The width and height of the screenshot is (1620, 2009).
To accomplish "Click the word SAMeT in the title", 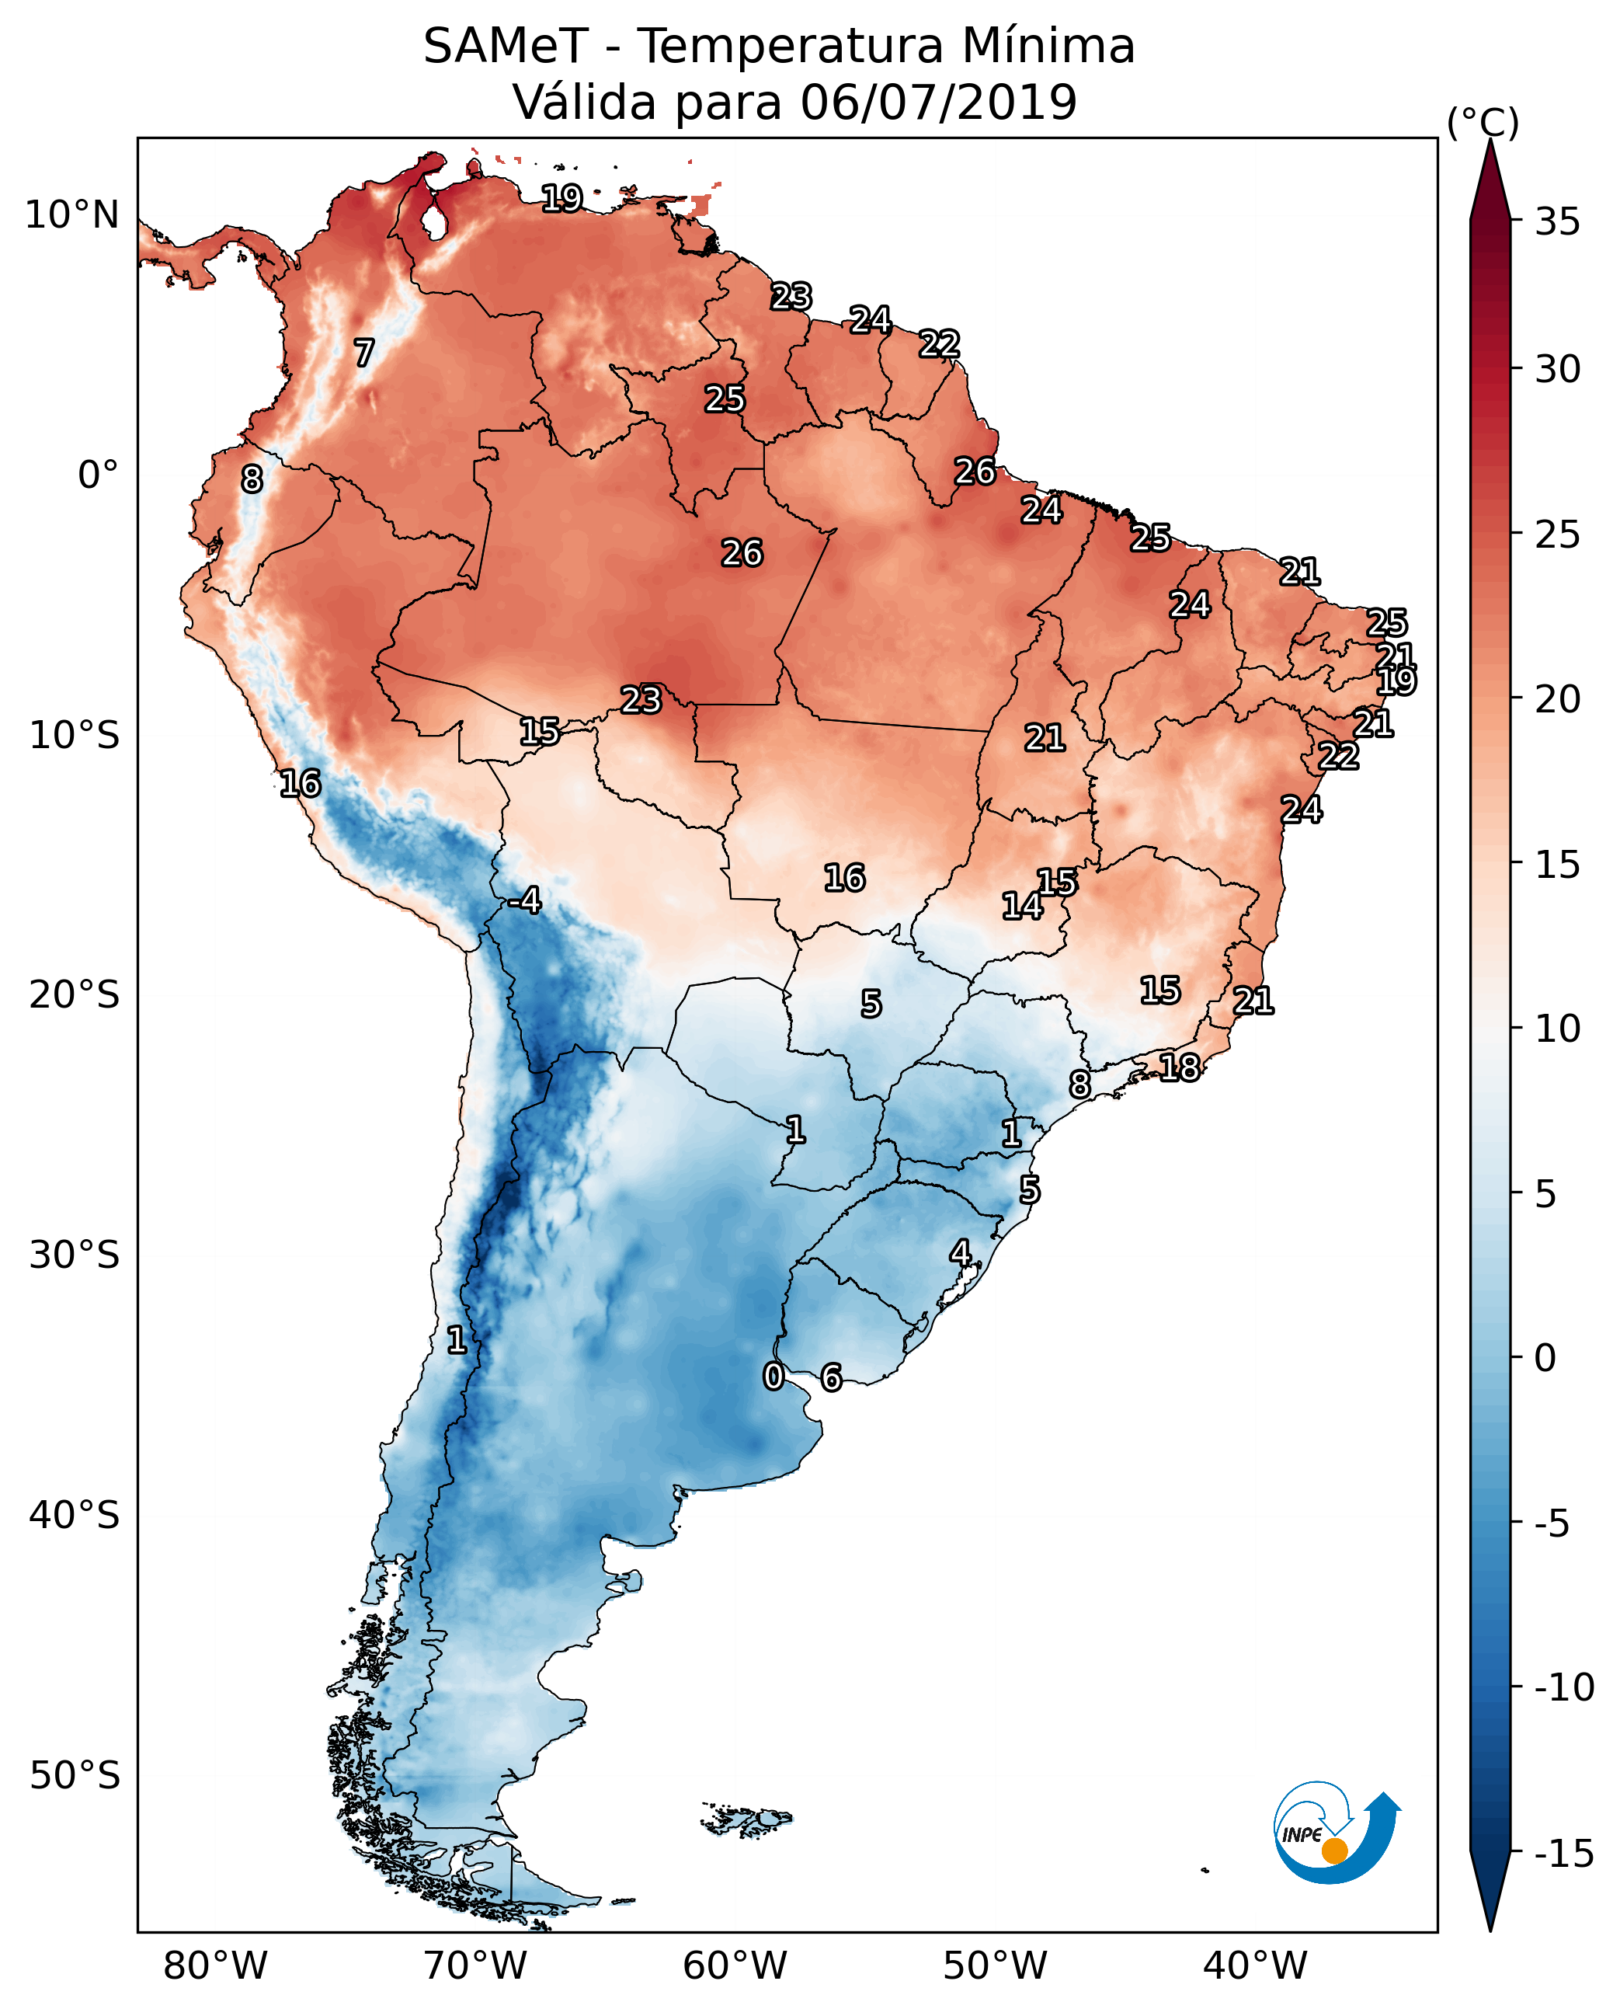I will coord(505,47).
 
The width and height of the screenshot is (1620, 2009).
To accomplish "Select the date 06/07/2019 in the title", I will coord(938,103).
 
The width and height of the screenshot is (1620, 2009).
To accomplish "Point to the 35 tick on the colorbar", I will coord(1557,222).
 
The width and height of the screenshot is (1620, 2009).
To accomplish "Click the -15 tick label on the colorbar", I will coord(1564,1854).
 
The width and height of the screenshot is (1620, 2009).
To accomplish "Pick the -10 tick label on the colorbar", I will coord(1564,1688).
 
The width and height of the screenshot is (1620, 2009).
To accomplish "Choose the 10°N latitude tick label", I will coord(72,216).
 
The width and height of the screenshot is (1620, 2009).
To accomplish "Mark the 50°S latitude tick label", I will coord(75,1774).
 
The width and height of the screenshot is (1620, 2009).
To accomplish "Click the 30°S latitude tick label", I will coord(75,1255).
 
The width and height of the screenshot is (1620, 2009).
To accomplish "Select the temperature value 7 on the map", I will coord(364,353).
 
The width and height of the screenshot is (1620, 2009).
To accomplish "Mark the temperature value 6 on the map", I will coord(830,1377).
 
